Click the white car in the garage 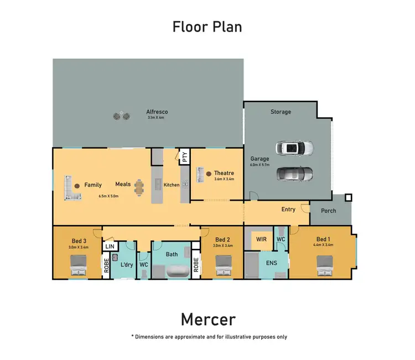tap(294, 148)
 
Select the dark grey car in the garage tap(294, 174)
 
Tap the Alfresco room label tap(157, 112)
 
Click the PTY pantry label tap(185, 157)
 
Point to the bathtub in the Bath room tap(178, 272)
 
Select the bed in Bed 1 tap(325, 266)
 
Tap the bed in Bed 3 tap(79, 265)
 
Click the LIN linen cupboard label tap(110, 247)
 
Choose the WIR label tap(261, 239)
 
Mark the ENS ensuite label tap(272, 263)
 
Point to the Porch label tap(329, 211)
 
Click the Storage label tap(281, 112)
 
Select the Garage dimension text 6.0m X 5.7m tap(260, 165)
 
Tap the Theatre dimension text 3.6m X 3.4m tap(224, 179)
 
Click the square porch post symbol tap(349, 197)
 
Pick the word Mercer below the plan tap(208, 320)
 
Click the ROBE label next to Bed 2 tap(196, 265)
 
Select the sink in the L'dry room tap(115, 257)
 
